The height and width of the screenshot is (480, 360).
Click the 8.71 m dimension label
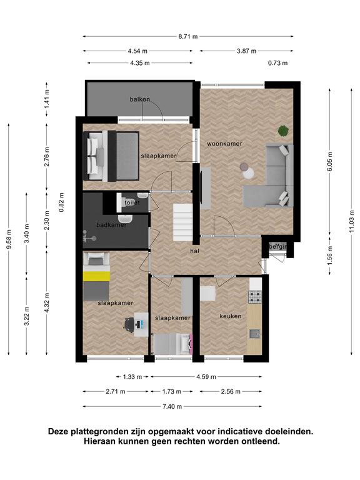[188, 36]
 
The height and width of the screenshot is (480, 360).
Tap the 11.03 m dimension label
[351, 221]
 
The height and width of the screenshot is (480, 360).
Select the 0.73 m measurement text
[277, 63]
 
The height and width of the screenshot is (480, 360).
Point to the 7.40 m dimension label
[172, 406]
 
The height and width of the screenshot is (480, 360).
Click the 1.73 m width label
[171, 391]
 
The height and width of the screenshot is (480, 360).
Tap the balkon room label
[139, 99]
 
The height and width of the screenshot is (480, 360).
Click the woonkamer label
[224, 144]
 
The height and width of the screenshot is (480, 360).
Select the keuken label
[230, 316]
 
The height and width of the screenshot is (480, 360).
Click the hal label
[195, 251]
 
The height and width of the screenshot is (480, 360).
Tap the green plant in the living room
[283, 131]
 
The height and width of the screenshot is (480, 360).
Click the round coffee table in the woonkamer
[247, 171]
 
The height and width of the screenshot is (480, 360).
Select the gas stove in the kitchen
[255, 296]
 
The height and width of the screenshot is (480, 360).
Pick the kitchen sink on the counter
[255, 333]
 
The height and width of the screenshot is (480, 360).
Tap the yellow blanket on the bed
[96, 276]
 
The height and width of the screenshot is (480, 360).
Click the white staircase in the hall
[182, 223]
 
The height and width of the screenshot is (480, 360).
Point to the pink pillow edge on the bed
[192, 344]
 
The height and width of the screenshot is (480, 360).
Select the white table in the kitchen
[208, 294]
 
